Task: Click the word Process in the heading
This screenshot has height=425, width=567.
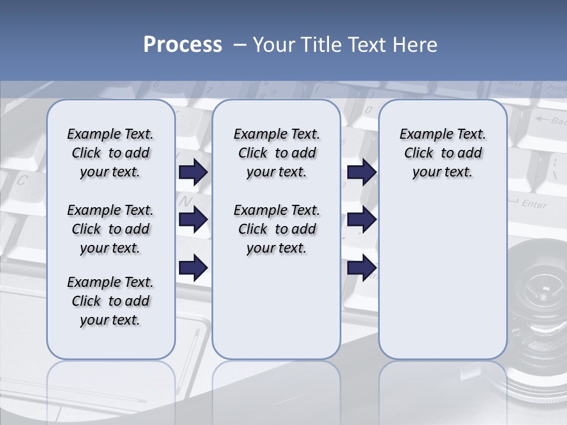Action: click(x=183, y=45)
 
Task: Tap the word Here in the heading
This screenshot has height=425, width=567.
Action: click(x=416, y=45)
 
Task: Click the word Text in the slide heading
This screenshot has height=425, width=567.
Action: click(x=369, y=45)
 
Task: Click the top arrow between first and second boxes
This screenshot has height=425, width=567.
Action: click(x=193, y=172)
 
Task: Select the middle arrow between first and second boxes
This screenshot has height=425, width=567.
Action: click(x=193, y=220)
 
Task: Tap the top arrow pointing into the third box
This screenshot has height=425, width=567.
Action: click(x=361, y=172)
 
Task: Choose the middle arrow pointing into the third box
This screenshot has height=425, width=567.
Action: click(x=361, y=220)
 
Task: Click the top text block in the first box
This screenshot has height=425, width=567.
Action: click(x=110, y=153)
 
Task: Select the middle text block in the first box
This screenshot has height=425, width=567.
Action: click(x=110, y=229)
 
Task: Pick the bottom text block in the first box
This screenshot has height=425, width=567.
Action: click(x=110, y=301)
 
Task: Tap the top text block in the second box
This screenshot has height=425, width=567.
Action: click(x=276, y=153)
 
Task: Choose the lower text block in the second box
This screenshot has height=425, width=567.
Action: click(x=276, y=229)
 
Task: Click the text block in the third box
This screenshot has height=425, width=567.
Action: click(x=442, y=153)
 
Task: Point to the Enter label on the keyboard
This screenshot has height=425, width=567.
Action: click(x=534, y=204)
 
